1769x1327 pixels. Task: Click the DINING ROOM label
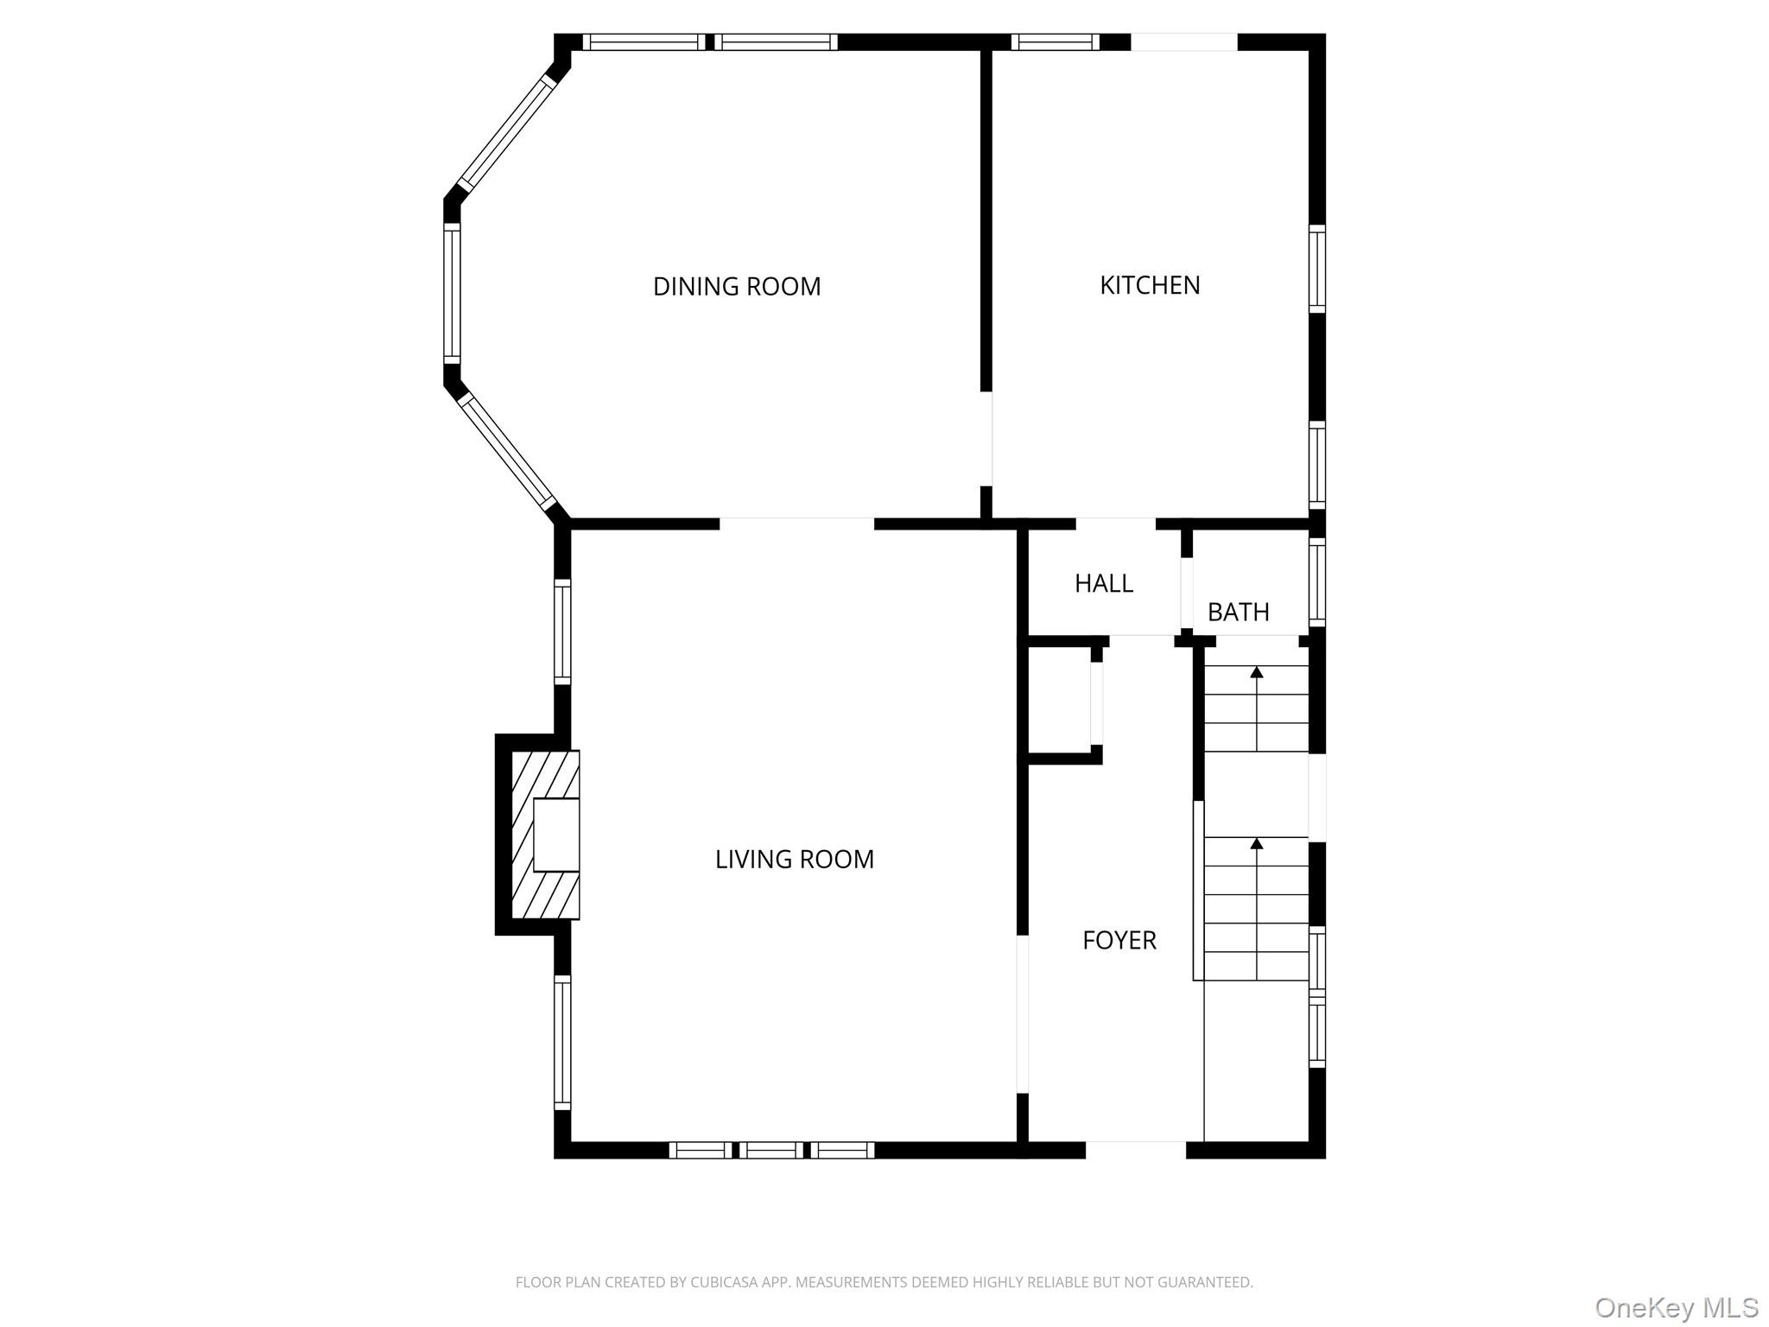pyautogui.click(x=737, y=287)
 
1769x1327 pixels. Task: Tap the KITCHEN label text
pyautogui.click(x=1150, y=285)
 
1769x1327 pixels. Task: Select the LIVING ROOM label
pyautogui.click(x=795, y=859)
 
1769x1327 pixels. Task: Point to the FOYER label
pyautogui.click(x=1119, y=940)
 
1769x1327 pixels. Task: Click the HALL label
pyautogui.click(x=1103, y=583)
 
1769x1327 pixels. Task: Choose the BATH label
pyautogui.click(x=1238, y=612)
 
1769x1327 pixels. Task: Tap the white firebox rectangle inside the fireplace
pyautogui.click(x=556, y=835)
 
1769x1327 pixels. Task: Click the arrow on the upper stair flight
pyautogui.click(x=1257, y=671)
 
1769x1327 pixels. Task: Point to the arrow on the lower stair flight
pyautogui.click(x=1257, y=842)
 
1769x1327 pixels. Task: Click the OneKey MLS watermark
pyautogui.click(x=1676, y=1307)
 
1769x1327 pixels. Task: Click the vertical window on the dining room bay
pyautogui.click(x=452, y=292)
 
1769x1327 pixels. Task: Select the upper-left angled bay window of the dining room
pyautogui.click(x=504, y=135)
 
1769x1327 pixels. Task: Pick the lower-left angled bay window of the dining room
pyautogui.click(x=506, y=452)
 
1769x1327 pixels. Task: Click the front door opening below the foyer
pyautogui.click(x=1135, y=1149)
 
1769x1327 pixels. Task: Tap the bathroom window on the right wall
pyautogui.click(x=1316, y=581)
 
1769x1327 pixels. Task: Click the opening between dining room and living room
pyautogui.click(x=796, y=524)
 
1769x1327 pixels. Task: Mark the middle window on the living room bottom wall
pyautogui.click(x=771, y=1150)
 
